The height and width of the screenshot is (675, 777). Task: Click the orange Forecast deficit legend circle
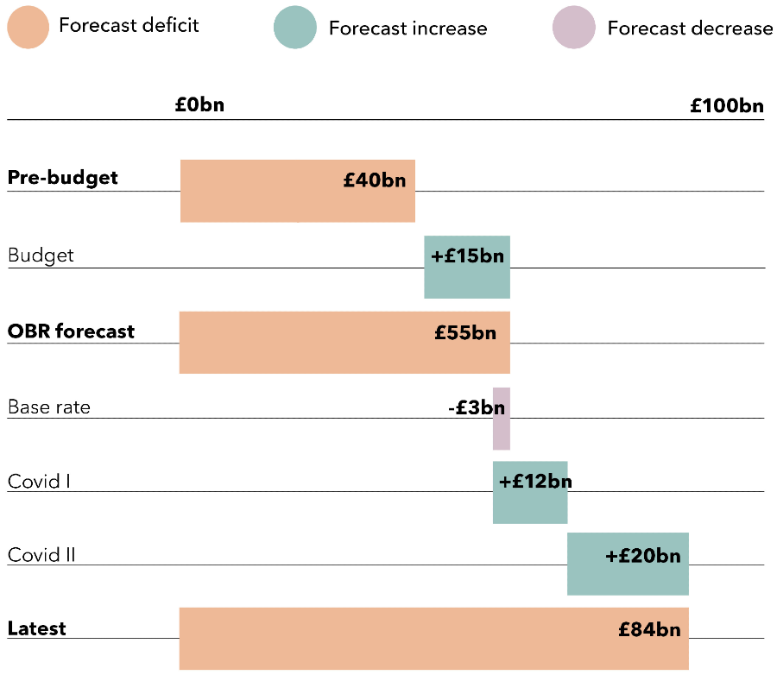28,28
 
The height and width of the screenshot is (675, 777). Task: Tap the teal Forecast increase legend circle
295,28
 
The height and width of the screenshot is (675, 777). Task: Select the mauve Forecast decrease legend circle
574,28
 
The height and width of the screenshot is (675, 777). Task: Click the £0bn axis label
199,105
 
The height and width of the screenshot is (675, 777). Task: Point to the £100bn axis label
727,106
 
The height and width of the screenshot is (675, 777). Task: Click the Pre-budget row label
63,178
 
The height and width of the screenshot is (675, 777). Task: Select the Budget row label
41,255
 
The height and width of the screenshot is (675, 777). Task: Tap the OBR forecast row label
72,331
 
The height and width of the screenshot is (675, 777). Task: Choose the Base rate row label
49,407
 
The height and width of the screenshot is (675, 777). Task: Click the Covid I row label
39,481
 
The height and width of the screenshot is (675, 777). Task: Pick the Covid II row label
41,555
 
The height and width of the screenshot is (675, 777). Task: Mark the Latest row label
37,629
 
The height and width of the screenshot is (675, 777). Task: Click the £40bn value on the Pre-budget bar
374,181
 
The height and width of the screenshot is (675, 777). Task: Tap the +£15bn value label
467,256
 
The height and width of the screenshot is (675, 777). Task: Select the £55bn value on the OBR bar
465,332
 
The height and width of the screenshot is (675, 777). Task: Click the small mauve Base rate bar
502,429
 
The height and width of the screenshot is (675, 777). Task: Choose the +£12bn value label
535,482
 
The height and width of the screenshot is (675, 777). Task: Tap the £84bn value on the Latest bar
649,630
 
